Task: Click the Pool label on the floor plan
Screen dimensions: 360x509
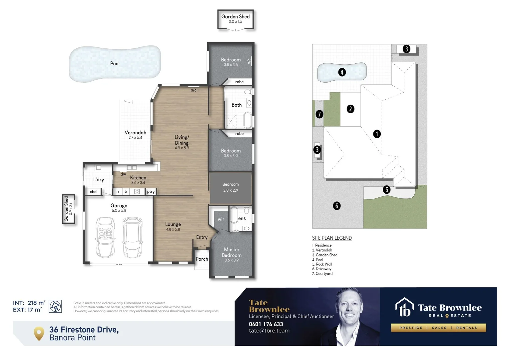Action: (x=115, y=63)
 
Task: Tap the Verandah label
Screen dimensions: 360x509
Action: (x=135, y=133)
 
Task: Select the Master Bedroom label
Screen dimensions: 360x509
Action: (x=232, y=252)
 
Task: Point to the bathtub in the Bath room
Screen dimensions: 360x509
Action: (x=248, y=120)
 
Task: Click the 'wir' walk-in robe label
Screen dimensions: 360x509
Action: (x=221, y=219)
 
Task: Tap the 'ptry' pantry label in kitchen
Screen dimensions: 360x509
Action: (x=151, y=192)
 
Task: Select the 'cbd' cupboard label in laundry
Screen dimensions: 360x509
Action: (x=93, y=192)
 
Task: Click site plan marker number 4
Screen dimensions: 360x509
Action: (x=342, y=72)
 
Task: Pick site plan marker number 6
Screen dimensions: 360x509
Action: (x=336, y=206)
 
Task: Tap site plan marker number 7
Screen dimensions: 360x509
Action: (x=319, y=114)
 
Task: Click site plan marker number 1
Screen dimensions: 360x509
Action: (x=377, y=134)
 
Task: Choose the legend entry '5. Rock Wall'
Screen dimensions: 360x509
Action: (x=322, y=264)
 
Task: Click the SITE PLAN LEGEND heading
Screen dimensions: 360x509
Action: (x=332, y=238)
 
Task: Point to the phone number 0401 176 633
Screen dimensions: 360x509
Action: (x=266, y=324)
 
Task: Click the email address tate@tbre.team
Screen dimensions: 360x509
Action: (x=269, y=331)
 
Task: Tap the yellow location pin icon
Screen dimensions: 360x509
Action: (x=39, y=333)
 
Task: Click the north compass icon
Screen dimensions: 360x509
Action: (x=55, y=306)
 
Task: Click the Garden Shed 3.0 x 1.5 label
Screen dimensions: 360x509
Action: (x=236, y=19)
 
